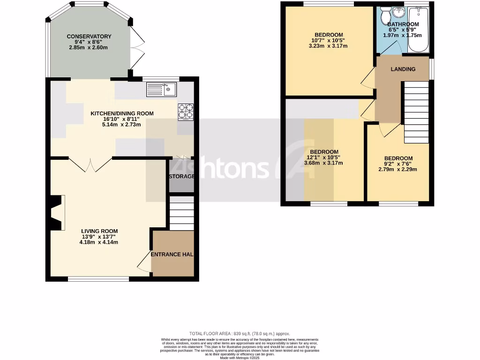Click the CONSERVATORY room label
[89, 37]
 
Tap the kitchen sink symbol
[161, 89]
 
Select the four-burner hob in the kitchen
[186, 112]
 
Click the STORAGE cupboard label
[181, 176]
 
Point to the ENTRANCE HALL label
[172, 255]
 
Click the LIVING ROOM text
[99, 231]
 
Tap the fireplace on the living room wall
[56, 213]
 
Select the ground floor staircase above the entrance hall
[181, 213]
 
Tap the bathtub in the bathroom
[419, 30]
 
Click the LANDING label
[403, 69]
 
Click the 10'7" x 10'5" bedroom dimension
[328, 41]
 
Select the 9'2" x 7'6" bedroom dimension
[398, 165]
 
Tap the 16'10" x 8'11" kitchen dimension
[122, 119]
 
